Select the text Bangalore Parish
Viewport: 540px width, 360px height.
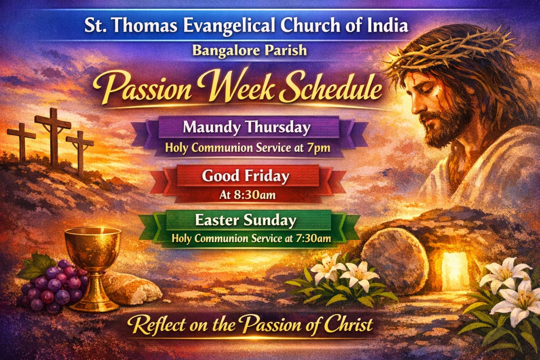[x=249, y=50]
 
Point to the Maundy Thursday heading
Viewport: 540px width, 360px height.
[x=247, y=127]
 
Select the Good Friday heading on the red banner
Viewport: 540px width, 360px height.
[x=246, y=176]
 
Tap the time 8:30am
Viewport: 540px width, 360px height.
[x=257, y=195]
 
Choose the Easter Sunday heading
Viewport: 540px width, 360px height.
[x=246, y=220]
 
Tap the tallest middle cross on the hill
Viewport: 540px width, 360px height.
[x=53, y=135]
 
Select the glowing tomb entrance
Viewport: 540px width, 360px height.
[x=455, y=270]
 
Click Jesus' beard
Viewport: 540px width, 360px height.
[x=443, y=127]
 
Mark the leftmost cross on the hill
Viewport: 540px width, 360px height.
[x=22, y=141]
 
